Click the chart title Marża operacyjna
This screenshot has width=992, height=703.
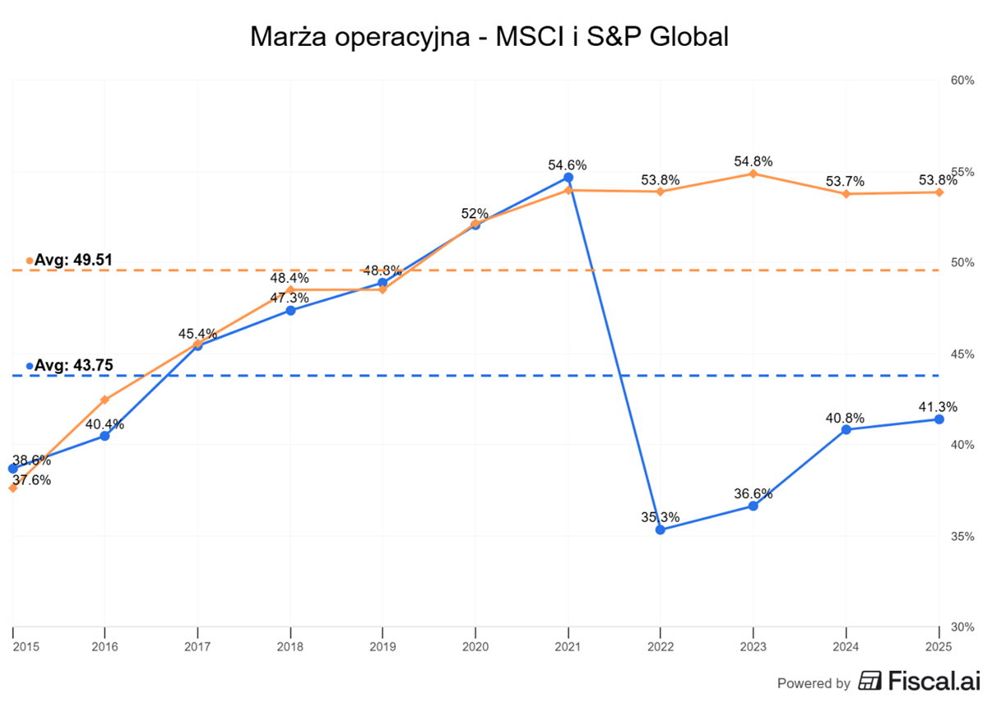pyautogui.click(x=489, y=37)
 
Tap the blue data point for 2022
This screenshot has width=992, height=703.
pyautogui.click(x=660, y=529)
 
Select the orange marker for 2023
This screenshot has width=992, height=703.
pyautogui.click(x=753, y=174)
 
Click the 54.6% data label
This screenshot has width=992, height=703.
pyautogui.click(x=567, y=165)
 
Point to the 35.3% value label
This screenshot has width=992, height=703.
pyautogui.click(x=660, y=517)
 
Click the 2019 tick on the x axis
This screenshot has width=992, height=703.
pyautogui.click(x=382, y=646)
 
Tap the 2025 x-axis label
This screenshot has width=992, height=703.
pyautogui.click(x=939, y=646)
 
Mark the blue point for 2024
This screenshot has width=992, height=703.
pyautogui.click(x=846, y=429)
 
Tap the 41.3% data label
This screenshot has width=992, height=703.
pyautogui.click(x=939, y=406)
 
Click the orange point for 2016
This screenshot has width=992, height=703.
pyautogui.click(x=104, y=399)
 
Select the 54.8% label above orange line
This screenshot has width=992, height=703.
pyautogui.click(x=753, y=161)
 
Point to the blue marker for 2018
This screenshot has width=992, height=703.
pyautogui.click(x=290, y=310)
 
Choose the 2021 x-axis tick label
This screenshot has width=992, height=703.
pyautogui.click(x=567, y=646)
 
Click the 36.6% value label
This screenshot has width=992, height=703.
pyautogui.click(x=753, y=493)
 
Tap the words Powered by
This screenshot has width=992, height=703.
pyautogui.click(x=813, y=683)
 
